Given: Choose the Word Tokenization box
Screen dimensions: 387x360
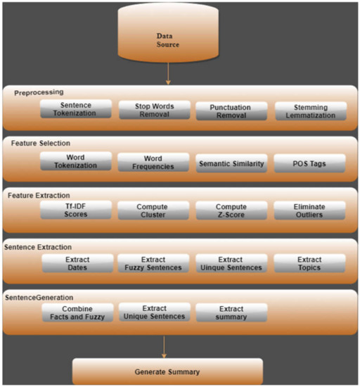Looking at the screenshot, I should pyautogui.click(x=75, y=161).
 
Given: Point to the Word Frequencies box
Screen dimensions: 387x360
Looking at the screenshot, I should pyautogui.click(x=153, y=161).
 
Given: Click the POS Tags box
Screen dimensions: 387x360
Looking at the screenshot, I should pyautogui.click(x=310, y=162).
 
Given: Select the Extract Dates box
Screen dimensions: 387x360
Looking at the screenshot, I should pyautogui.click(x=75, y=262).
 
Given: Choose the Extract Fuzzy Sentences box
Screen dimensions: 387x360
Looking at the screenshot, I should pyautogui.click(x=153, y=262).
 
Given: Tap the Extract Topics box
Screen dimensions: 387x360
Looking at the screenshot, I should pyautogui.click(x=310, y=262).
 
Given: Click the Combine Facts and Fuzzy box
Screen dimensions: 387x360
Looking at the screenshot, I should pyautogui.click(x=75, y=312).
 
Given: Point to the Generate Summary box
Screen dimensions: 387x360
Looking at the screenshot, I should pyautogui.click(x=167, y=370).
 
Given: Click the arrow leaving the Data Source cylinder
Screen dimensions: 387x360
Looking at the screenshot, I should pyautogui.click(x=168, y=74).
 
